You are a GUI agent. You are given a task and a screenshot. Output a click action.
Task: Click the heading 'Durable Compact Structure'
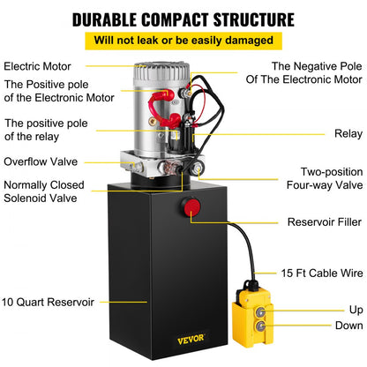click(x=183, y=18)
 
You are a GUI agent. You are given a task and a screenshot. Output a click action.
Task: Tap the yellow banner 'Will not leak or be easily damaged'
click(x=183, y=40)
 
